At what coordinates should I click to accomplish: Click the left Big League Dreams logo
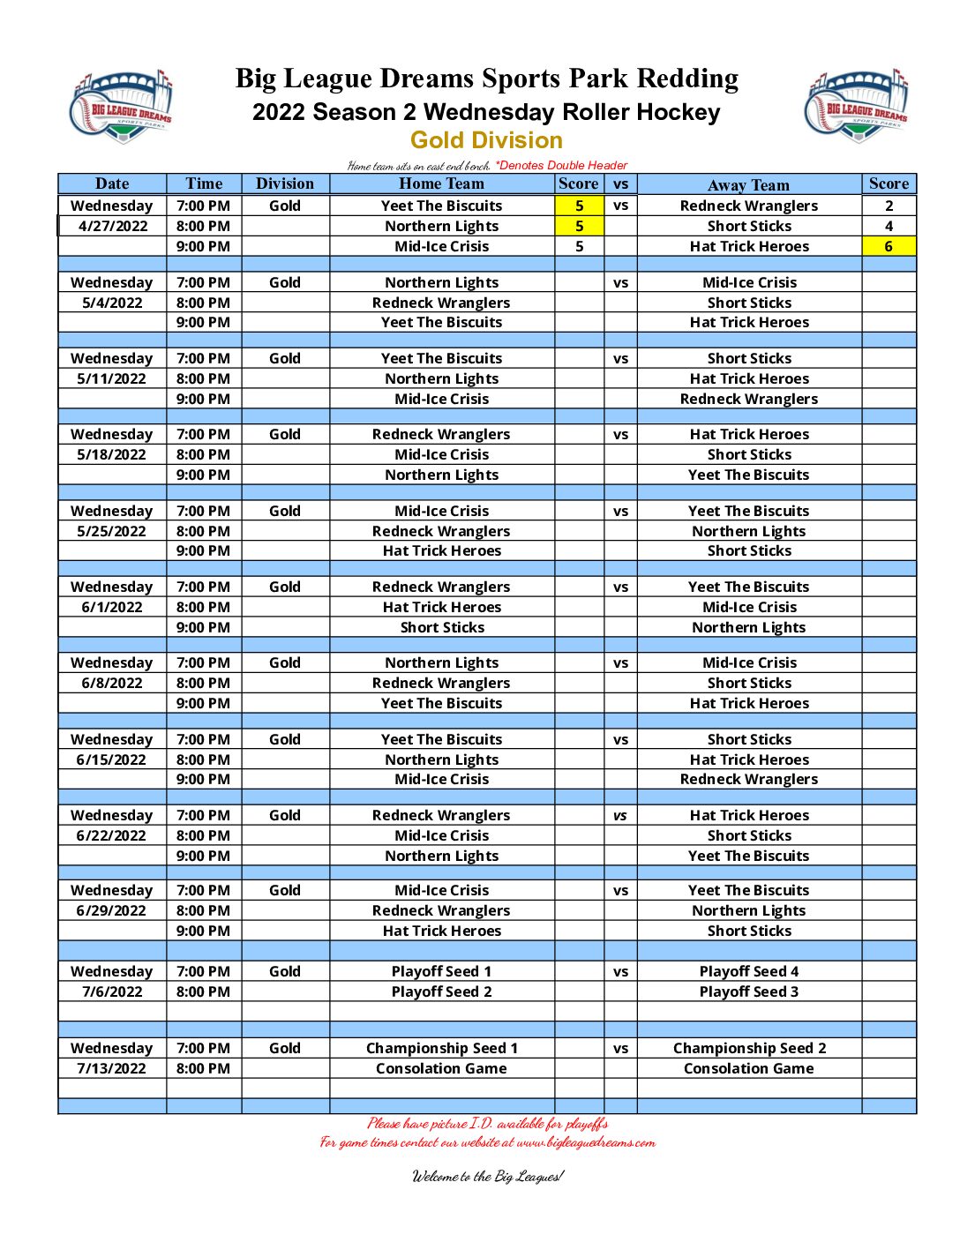coord(121,106)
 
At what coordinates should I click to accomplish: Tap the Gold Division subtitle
coord(486,140)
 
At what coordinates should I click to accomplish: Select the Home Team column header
coord(441,183)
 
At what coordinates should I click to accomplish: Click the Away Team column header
coord(748,184)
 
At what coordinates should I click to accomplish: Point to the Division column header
coord(284,183)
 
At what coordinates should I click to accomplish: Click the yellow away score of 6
coord(889,246)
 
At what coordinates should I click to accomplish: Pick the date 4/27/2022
coord(112,226)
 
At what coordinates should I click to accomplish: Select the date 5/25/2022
coord(112,531)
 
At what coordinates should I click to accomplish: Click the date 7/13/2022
coord(112,1068)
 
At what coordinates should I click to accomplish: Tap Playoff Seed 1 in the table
coord(441,971)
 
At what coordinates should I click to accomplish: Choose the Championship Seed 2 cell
coord(749,1048)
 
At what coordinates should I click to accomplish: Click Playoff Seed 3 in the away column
coord(749,991)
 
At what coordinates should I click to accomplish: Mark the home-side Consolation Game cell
coord(441,1068)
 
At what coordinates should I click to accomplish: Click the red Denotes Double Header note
coord(561,165)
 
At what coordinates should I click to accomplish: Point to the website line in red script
coord(487,1142)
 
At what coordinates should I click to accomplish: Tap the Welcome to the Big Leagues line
coord(487,1176)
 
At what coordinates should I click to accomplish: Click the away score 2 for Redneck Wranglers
coord(889,206)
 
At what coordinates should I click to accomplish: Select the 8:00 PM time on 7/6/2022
coord(203,991)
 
